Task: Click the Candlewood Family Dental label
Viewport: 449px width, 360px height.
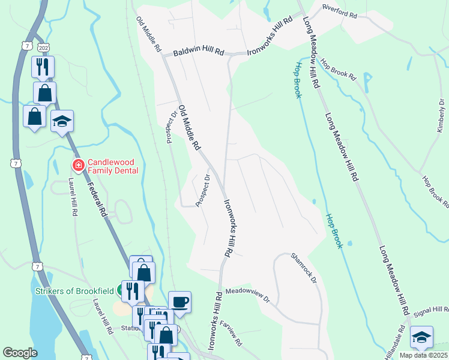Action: [x=113, y=166]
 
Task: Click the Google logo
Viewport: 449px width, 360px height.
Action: [x=20, y=353]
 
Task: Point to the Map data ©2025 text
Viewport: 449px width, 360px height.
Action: [x=424, y=356]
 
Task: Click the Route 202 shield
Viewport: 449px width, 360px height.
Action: [x=43, y=47]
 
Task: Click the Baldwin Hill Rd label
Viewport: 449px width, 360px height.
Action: [x=198, y=53]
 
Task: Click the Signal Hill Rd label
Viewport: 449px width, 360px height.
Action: [x=431, y=310]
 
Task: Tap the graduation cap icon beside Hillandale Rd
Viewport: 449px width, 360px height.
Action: [x=421, y=337]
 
